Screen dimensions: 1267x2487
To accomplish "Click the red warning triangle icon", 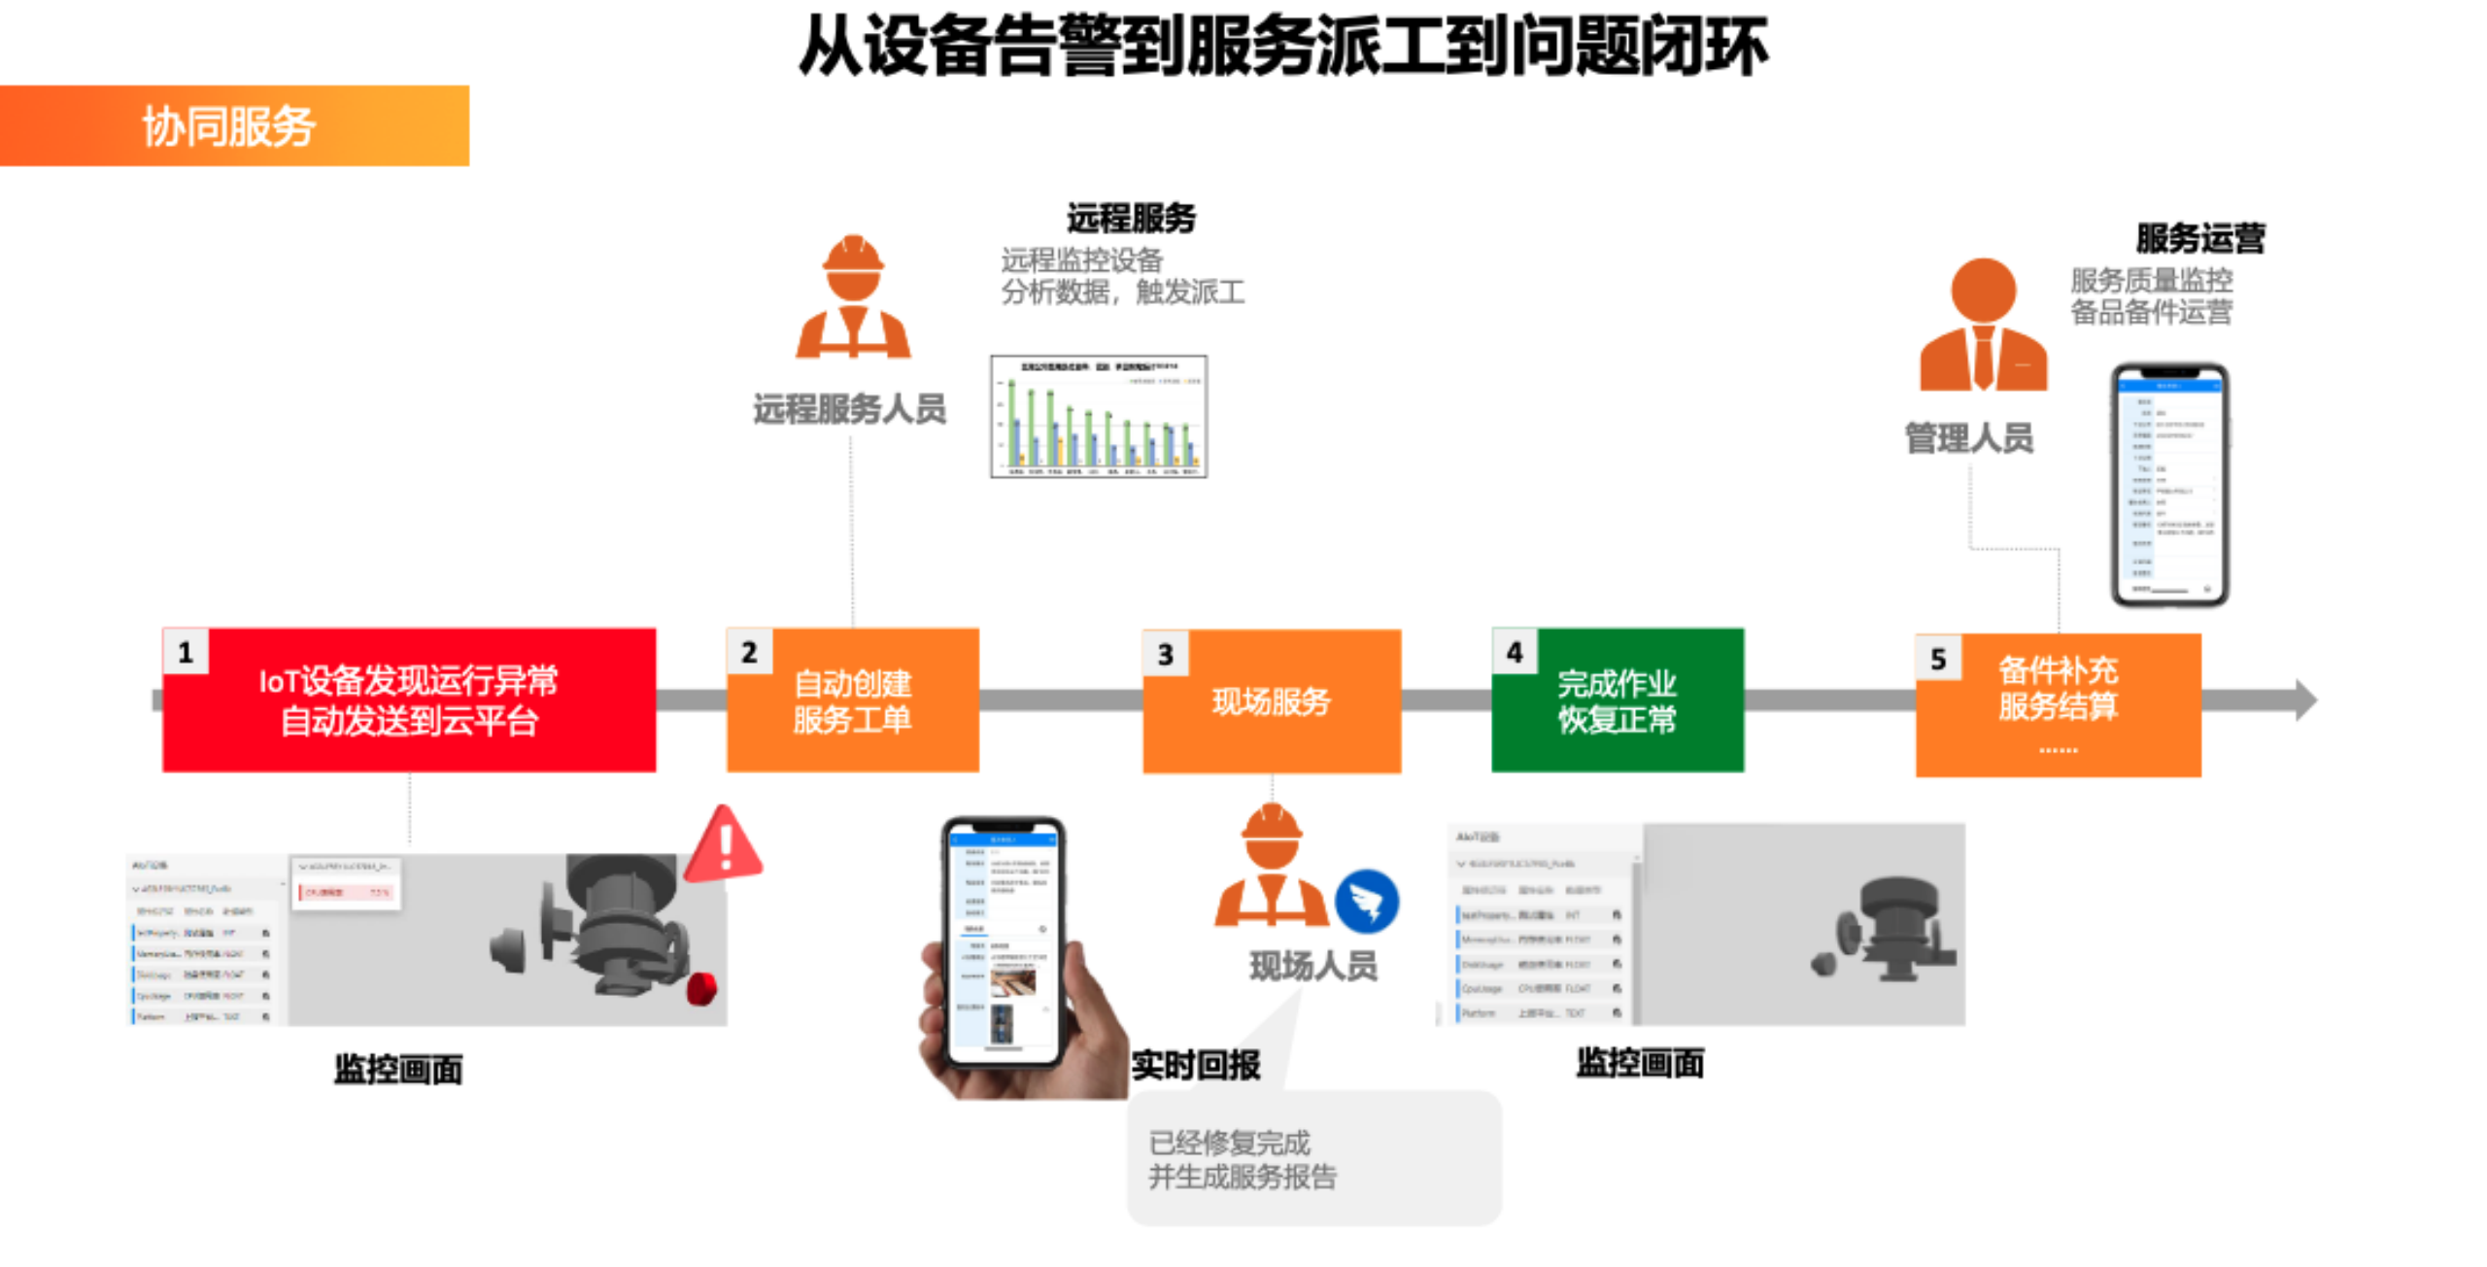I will (x=724, y=846).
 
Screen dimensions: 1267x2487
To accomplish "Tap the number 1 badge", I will (x=186, y=652).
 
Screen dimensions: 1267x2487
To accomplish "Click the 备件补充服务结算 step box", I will (x=2058, y=704).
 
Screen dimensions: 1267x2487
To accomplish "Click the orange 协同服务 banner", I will (x=233, y=126).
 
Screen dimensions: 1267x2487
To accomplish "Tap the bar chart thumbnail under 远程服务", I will (x=1099, y=417).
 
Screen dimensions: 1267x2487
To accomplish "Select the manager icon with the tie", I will (x=1984, y=325).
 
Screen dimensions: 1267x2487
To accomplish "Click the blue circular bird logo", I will (x=1367, y=902).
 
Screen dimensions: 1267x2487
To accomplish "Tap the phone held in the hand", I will (x=1005, y=942).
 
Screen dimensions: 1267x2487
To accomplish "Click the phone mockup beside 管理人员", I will (x=2170, y=485).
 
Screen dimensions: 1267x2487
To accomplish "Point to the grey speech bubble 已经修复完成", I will (x=1313, y=1158).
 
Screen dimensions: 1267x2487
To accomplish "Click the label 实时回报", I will (x=1196, y=1066).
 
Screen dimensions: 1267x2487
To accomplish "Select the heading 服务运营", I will (x=2199, y=238).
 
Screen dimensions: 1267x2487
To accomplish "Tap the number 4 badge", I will (x=1514, y=652).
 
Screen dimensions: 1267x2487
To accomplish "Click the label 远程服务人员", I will (x=849, y=409).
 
